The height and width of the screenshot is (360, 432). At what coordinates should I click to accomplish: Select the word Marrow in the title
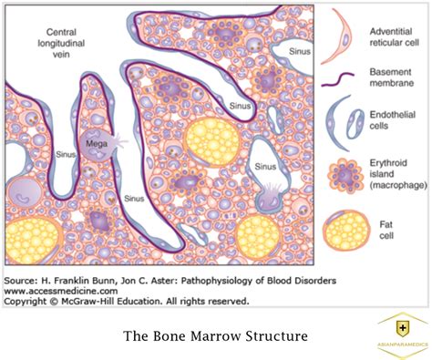(x=216, y=336)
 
